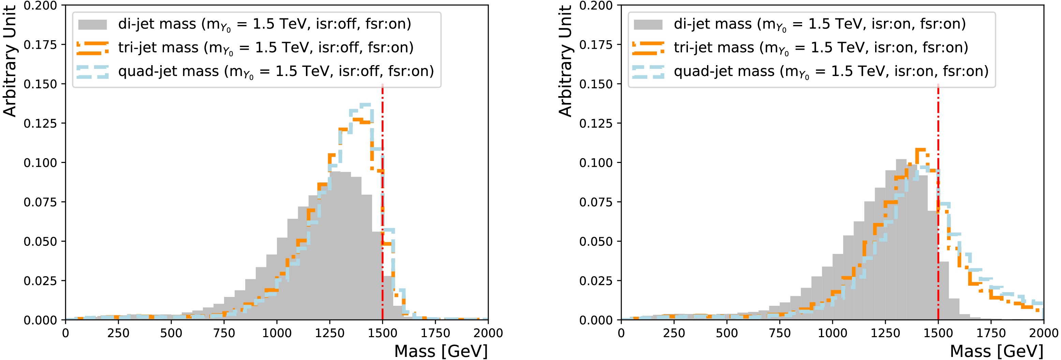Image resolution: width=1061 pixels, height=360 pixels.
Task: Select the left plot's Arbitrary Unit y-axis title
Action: [x=10, y=61]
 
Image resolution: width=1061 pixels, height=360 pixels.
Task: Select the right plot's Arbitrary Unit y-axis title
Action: [x=565, y=61]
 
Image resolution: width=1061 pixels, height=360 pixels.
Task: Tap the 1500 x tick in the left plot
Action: [x=383, y=333]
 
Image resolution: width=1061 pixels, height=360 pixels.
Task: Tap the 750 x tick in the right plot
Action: [x=780, y=333]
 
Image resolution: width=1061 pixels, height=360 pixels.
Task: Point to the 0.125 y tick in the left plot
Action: [x=40, y=123]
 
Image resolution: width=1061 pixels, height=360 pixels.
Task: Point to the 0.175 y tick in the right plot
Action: [x=595, y=44]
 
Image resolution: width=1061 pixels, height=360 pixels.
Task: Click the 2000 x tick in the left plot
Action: [x=488, y=333]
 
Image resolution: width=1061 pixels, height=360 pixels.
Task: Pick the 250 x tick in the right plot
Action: [x=674, y=333]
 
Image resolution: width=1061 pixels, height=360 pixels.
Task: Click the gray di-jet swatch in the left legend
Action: [x=93, y=24]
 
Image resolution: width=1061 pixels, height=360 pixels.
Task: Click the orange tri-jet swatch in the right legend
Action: [x=648, y=48]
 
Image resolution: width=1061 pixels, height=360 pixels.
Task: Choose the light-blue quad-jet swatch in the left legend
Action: [x=93, y=72]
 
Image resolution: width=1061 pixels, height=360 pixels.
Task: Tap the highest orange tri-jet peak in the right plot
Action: [x=920, y=150]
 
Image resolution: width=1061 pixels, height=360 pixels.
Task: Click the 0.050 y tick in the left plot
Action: [x=40, y=241]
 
